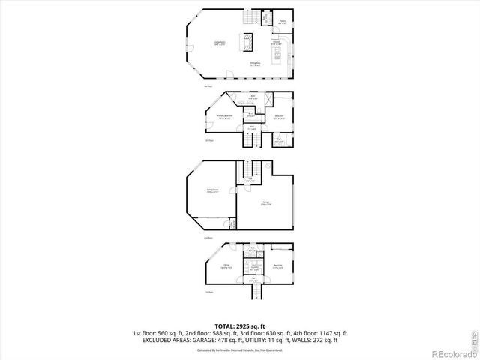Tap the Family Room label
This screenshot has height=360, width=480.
click(213, 191)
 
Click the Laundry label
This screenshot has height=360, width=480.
click(255, 267)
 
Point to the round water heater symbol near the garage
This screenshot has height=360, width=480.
click(268, 164)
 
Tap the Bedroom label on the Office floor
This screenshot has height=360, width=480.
click(277, 266)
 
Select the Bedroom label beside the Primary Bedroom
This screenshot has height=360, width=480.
click(279, 117)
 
